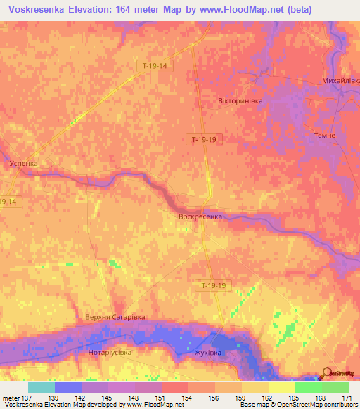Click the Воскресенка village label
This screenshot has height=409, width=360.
point(200,216)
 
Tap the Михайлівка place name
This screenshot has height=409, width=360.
point(340,81)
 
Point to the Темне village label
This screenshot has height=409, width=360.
point(326,135)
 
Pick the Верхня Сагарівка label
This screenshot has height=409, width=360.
point(115,318)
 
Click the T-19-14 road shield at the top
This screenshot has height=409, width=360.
point(154,65)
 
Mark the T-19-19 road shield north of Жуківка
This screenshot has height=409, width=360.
point(213,285)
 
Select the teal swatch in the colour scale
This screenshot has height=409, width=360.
point(41,387)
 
